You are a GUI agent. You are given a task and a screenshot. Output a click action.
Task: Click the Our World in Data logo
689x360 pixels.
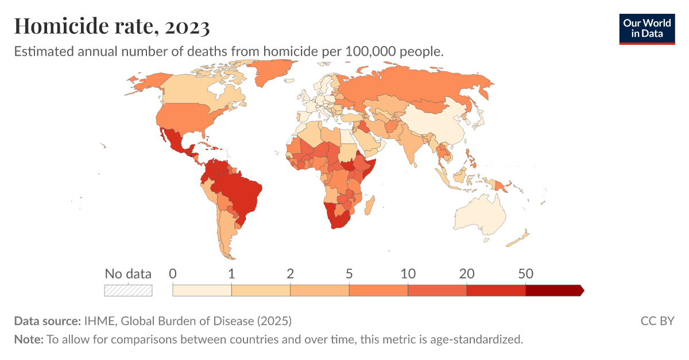click(x=647, y=28)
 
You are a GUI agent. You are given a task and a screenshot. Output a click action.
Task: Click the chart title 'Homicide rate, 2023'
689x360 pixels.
click(x=112, y=26)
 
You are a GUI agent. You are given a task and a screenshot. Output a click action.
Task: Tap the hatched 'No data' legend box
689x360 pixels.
click(x=128, y=291)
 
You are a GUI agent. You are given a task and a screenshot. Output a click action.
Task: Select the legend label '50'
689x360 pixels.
click(x=525, y=274)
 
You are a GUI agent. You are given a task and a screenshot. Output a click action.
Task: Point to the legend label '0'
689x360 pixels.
click(x=173, y=274)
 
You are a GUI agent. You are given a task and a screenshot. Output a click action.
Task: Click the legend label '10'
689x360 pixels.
click(x=408, y=274)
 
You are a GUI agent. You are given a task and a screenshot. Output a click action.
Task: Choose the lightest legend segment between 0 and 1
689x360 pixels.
click(x=202, y=291)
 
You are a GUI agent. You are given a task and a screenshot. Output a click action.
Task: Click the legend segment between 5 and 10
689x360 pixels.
click(x=378, y=291)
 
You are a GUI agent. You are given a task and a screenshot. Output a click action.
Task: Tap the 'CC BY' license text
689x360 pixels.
click(x=657, y=320)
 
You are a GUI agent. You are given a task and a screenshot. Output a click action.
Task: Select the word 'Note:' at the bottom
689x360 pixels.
click(x=29, y=339)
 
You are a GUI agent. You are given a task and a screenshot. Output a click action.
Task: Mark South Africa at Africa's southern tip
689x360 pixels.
click(x=339, y=222)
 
